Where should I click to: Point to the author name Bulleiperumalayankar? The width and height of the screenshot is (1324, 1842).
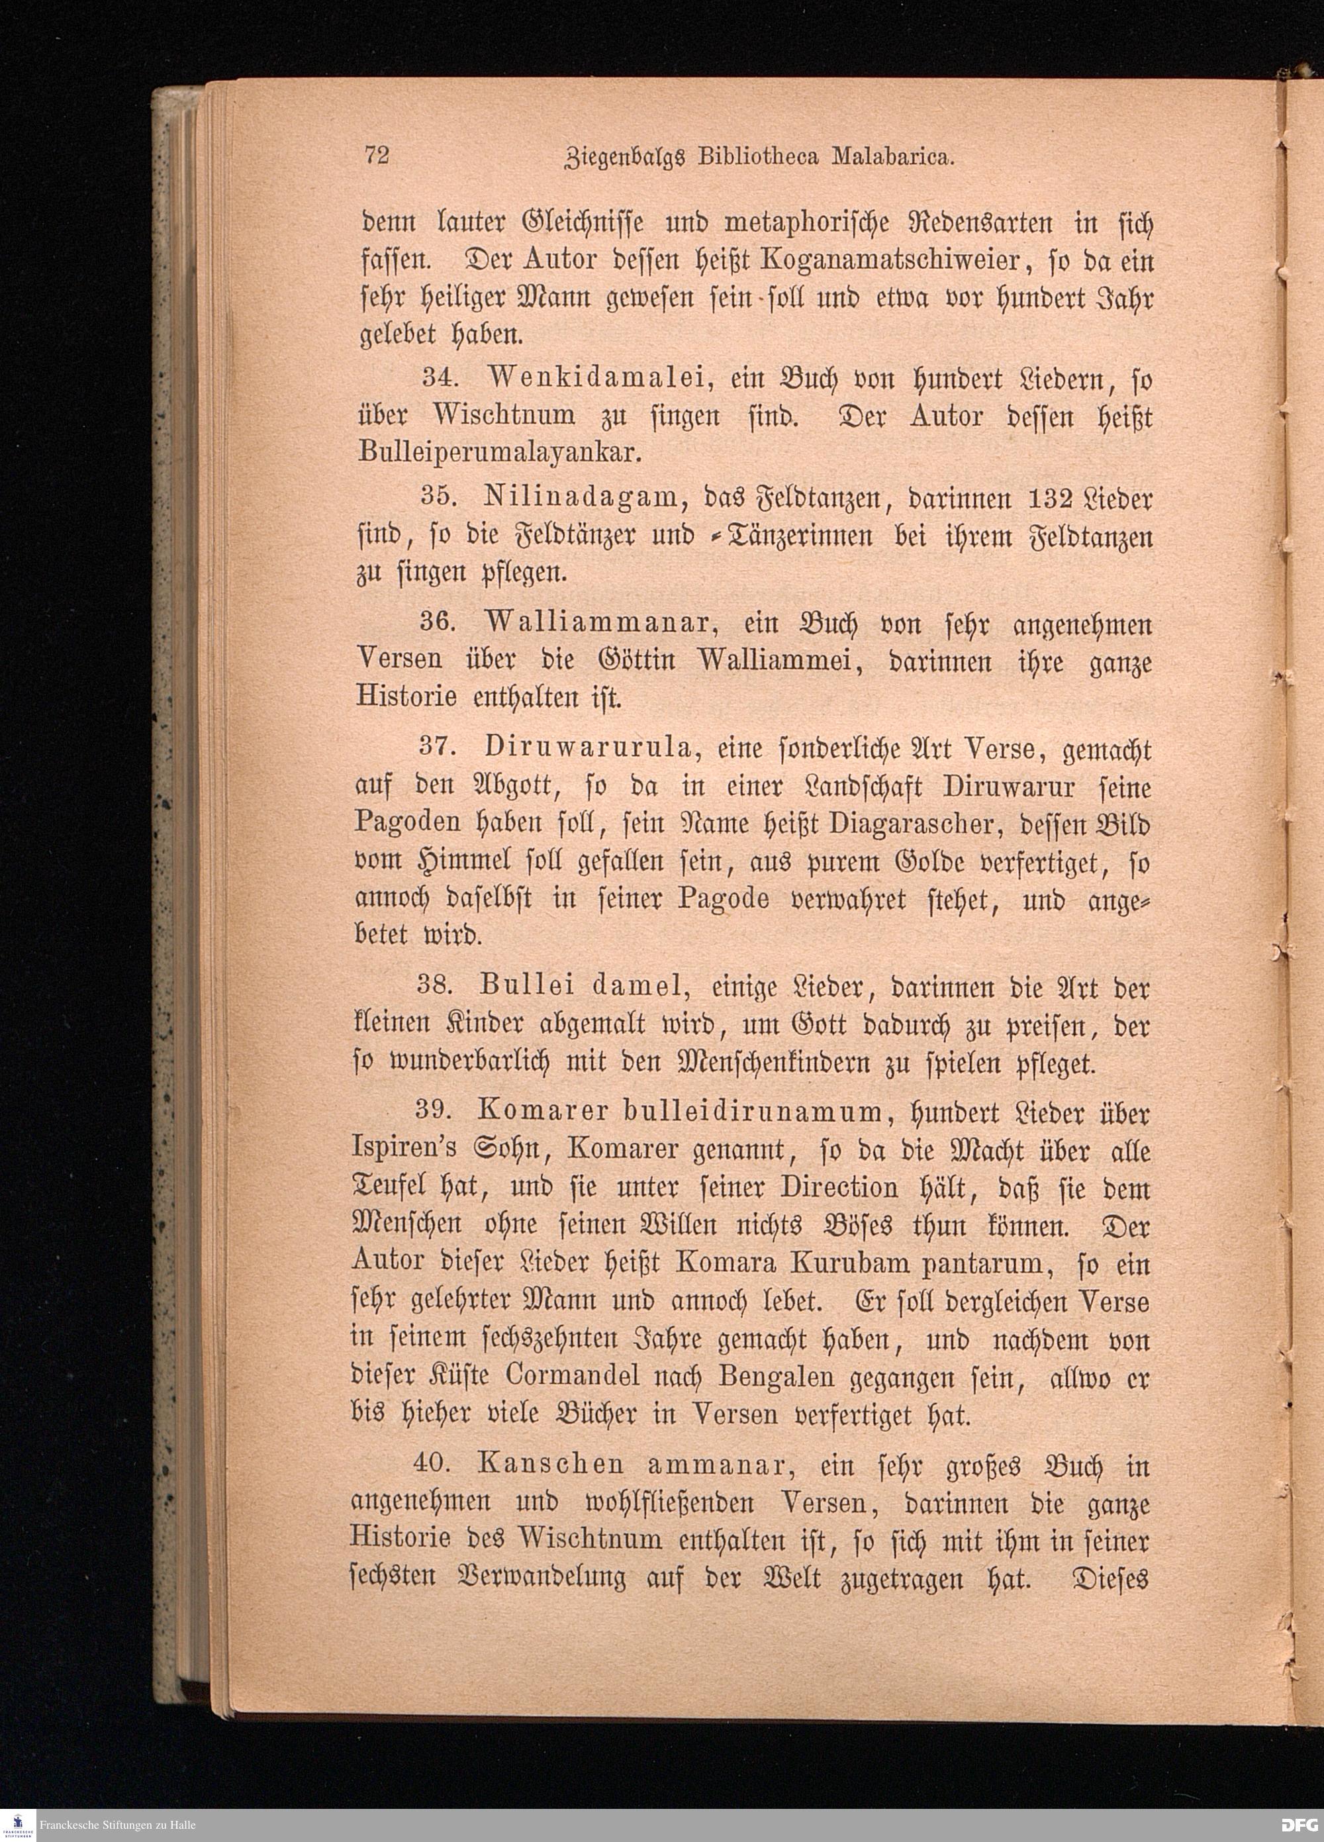pos(500,452)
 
